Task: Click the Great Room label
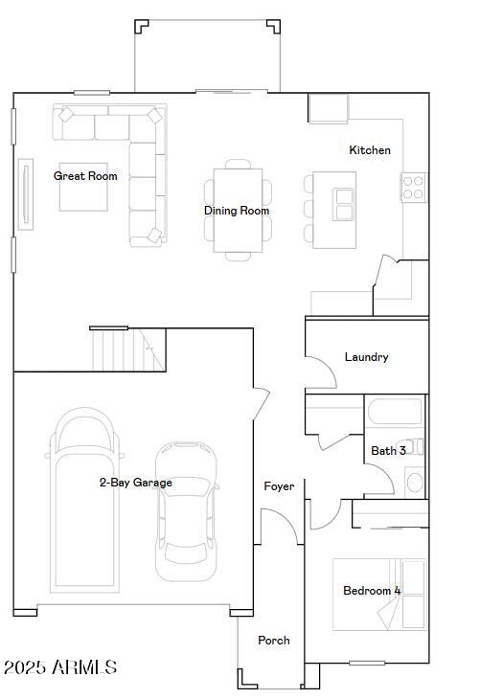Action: (x=85, y=176)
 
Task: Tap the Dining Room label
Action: (x=237, y=211)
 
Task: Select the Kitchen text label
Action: (x=370, y=150)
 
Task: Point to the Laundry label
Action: (x=367, y=357)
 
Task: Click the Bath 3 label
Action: (x=388, y=451)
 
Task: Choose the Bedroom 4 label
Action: (x=372, y=591)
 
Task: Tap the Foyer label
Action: (x=279, y=486)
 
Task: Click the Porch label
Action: (x=274, y=641)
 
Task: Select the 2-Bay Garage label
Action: (x=136, y=483)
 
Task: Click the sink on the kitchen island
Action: (x=343, y=203)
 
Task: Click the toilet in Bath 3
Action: (x=415, y=481)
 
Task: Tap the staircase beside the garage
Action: (x=128, y=349)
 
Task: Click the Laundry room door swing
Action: (x=322, y=373)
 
